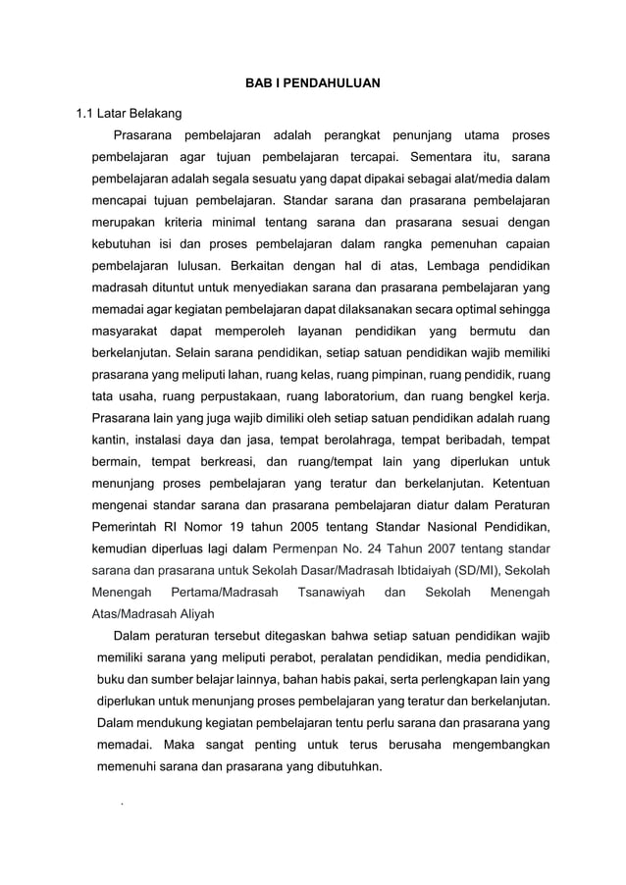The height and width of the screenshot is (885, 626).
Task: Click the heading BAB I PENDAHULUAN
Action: pyautogui.click(x=312, y=82)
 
